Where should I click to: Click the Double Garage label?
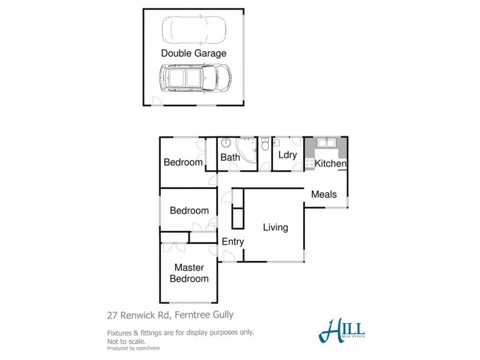(x=194, y=53)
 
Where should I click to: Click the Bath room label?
(x=230, y=158)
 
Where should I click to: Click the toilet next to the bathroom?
(x=265, y=145)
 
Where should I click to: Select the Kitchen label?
(x=331, y=163)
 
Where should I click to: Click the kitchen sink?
(x=326, y=143)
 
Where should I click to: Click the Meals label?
(x=323, y=194)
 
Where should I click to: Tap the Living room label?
(x=275, y=227)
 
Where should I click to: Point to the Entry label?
(x=233, y=242)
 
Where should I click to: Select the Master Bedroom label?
(x=189, y=273)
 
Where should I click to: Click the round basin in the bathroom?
(x=226, y=143)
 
